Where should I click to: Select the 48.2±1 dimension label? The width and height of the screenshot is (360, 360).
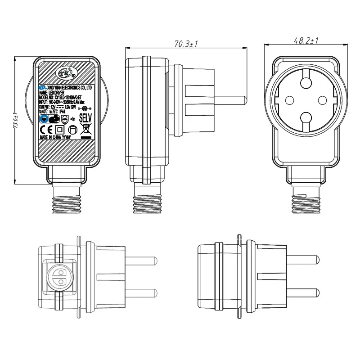click(x=306, y=40)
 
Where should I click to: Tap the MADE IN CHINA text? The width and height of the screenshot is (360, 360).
click(x=55, y=138)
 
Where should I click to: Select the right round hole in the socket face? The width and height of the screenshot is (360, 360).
click(x=324, y=100)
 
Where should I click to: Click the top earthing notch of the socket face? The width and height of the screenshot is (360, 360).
click(x=306, y=82)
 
